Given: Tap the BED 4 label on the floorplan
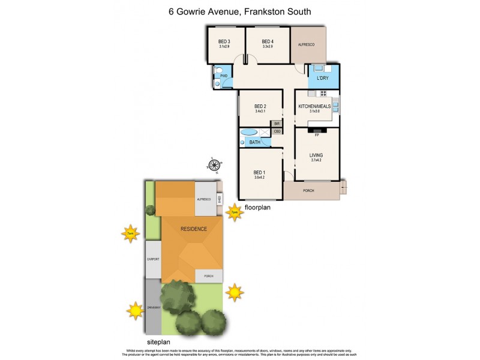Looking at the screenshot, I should [x=268, y=41].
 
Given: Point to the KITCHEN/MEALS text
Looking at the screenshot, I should [x=315, y=107].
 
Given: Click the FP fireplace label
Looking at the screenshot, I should [x=316, y=136].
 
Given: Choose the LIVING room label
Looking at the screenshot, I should [x=316, y=155].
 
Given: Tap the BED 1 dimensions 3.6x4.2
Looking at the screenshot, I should [x=260, y=178].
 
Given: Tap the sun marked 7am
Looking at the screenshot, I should [x=130, y=234].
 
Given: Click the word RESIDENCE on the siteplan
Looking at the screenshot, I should [x=193, y=229].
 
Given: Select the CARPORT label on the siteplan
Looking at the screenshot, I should [x=152, y=260].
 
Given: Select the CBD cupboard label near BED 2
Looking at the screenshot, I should [x=277, y=131].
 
